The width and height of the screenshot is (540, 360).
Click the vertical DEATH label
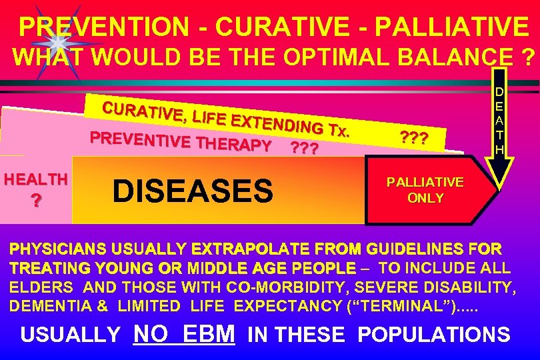click(x=498, y=120)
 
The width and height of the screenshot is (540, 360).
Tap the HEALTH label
click(x=35, y=179)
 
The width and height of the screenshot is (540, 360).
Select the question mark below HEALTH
click(x=35, y=201)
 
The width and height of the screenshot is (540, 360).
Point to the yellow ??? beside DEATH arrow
click(x=414, y=137)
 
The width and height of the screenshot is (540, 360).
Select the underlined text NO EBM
click(x=184, y=333)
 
